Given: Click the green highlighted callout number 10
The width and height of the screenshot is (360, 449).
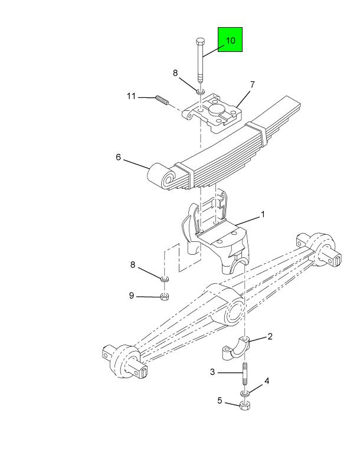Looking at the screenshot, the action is [x=230, y=40].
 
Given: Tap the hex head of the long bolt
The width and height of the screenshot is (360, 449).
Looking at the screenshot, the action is [x=200, y=41].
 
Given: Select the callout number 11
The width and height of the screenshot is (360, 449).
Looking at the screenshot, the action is [x=131, y=96].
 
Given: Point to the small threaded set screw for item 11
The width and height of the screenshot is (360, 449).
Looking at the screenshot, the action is [x=162, y=100].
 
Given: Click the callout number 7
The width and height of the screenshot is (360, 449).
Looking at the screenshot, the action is [x=252, y=85].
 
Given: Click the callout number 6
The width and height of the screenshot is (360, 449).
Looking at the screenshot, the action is [x=118, y=157].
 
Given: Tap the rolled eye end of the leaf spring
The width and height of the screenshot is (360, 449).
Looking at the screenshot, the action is [x=161, y=176].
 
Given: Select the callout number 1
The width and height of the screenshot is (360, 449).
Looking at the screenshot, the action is [x=263, y=214].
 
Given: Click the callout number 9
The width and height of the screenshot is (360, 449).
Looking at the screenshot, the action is [x=132, y=295].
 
